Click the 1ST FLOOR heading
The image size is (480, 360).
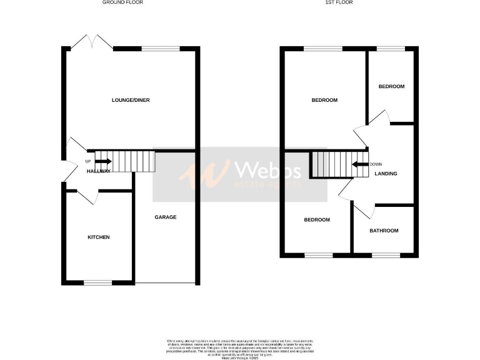pyautogui.click(x=338, y=2)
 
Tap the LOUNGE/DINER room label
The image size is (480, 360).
pyautogui.click(x=131, y=100)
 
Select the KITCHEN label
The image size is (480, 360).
pyautogui.click(x=98, y=237)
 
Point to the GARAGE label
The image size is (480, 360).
pyautogui.click(x=166, y=217)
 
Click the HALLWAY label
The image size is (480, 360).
pyautogui.click(x=99, y=171)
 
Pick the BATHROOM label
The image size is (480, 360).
pyautogui.click(x=384, y=231)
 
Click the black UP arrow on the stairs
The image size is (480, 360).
pyautogui.click(x=99, y=162)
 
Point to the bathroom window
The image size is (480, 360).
pyautogui.click(x=386, y=255)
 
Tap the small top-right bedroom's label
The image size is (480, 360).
pyautogui.click(x=391, y=86)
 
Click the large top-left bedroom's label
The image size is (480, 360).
pyautogui.click(x=324, y=100)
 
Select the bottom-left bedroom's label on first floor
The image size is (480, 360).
pyautogui.click(x=317, y=219)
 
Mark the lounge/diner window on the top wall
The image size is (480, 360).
pyautogui.click(x=161, y=49)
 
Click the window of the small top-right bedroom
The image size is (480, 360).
pyautogui.click(x=391, y=49)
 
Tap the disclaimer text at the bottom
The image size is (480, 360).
pyautogui.click(x=240, y=346)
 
